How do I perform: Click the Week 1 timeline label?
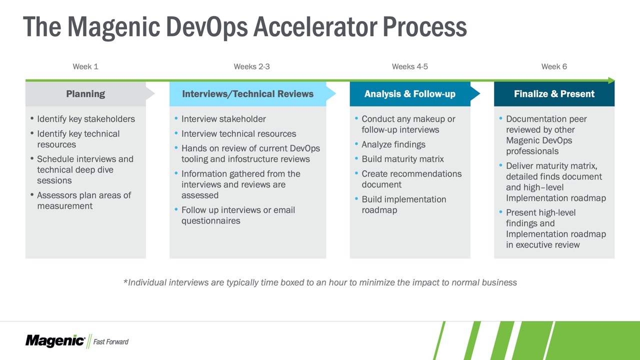85,66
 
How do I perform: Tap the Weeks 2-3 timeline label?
251,66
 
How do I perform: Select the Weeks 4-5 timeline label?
409,66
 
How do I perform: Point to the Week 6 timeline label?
554,66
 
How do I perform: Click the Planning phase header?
85,93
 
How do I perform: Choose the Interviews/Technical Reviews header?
247,93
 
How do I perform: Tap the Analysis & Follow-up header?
409,93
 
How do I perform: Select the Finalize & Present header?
554,93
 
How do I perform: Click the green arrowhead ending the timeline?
611,80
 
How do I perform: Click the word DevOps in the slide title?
207,27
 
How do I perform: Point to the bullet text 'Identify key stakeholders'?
86,119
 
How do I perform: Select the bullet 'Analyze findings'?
393,144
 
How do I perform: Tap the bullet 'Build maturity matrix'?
402,159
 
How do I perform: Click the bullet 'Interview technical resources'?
238,133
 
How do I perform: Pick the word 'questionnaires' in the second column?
211,221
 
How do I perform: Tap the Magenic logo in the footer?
55,341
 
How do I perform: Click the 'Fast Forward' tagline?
111,341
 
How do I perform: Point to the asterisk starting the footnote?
125,281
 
